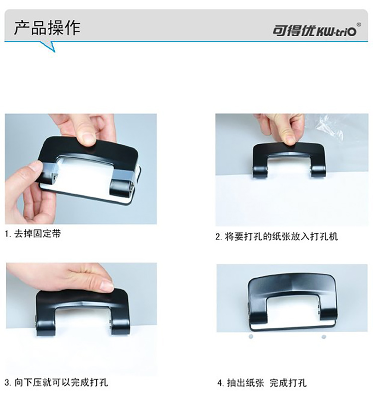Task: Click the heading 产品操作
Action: pyautogui.click(x=47, y=28)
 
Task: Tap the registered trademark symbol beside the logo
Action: pyautogui.click(x=359, y=25)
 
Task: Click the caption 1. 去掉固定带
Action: pyautogui.click(x=33, y=233)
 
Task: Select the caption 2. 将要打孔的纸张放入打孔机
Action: pyautogui.click(x=277, y=236)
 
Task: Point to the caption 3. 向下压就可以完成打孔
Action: pyautogui.click(x=56, y=383)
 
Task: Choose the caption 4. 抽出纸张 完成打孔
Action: pyautogui.click(x=262, y=383)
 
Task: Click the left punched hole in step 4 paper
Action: pyautogui.click(x=251, y=336)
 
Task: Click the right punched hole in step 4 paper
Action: pyautogui.click(x=324, y=337)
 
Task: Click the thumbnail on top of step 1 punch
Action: pyautogui.click(x=88, y=138)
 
